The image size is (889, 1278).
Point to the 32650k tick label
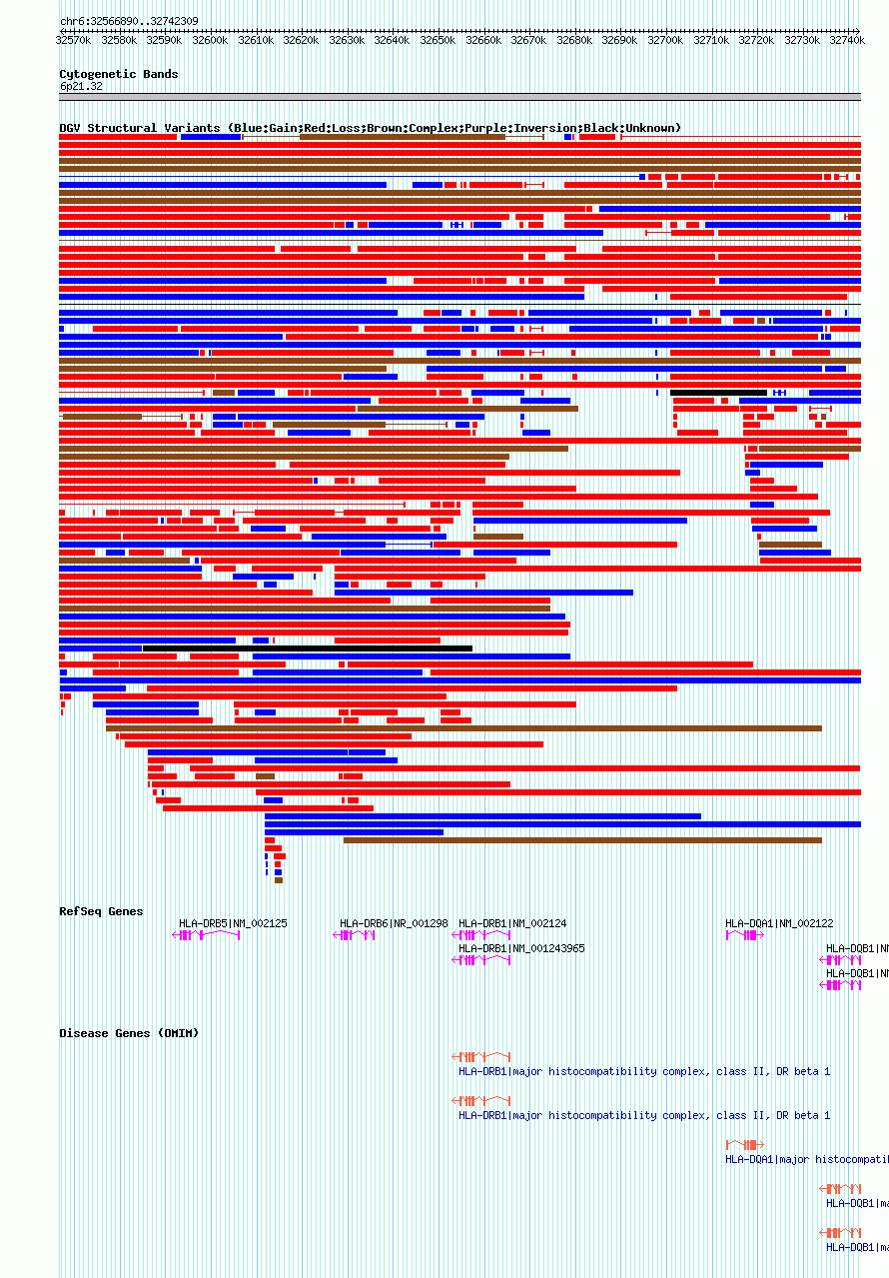(x=438, y=40)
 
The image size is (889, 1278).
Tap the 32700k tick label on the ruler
(x=665, y=40)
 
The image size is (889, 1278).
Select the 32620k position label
(x=301, y=40)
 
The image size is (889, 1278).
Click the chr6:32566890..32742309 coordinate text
(x=129, y=21)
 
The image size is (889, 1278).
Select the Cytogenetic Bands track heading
(x=118, y=74)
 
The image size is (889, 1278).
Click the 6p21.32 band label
(x=81, y=86)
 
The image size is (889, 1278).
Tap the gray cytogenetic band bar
(x=459, y=97)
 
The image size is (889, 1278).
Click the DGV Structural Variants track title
(x=370, y=128)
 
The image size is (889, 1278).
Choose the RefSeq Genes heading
(x=101, y=911)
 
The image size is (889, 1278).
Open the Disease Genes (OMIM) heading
(x=129, y=1033)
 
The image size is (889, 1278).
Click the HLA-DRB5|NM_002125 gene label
(x=233, y=923)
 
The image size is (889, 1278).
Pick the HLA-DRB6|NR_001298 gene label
(x=394, y=923)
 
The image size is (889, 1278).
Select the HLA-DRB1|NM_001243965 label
(x=521, y=948)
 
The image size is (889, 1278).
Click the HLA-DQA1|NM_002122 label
(x=779, y=923)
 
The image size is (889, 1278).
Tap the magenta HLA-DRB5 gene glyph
(x=207, y=935)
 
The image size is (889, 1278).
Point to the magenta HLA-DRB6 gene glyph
(x=355, y=935)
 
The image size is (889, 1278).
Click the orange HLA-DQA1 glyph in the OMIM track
(x=744, y=1144)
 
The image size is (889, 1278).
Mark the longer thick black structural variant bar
(x=307, y=648)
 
